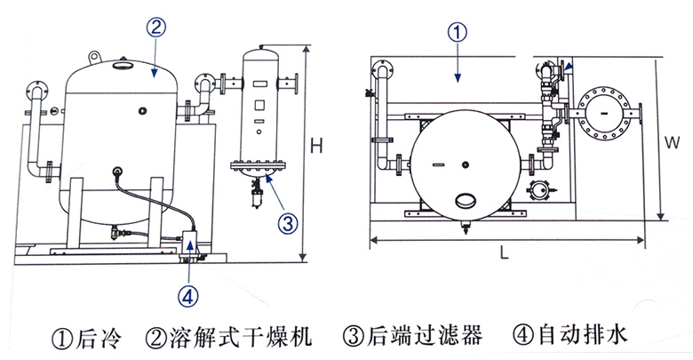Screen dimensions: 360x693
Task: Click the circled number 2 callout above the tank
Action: (x=154, y=28)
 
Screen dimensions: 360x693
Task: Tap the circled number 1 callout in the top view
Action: (x=456, y=33)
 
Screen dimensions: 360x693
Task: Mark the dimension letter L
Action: (x=504, y=253)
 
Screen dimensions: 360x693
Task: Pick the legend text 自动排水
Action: (x=587, y=337)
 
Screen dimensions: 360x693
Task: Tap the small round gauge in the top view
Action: (x=540, y=190)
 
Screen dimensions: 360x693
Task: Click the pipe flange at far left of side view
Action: (x=36, y=88)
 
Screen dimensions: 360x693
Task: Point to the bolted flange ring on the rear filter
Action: (x=257, y=164)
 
